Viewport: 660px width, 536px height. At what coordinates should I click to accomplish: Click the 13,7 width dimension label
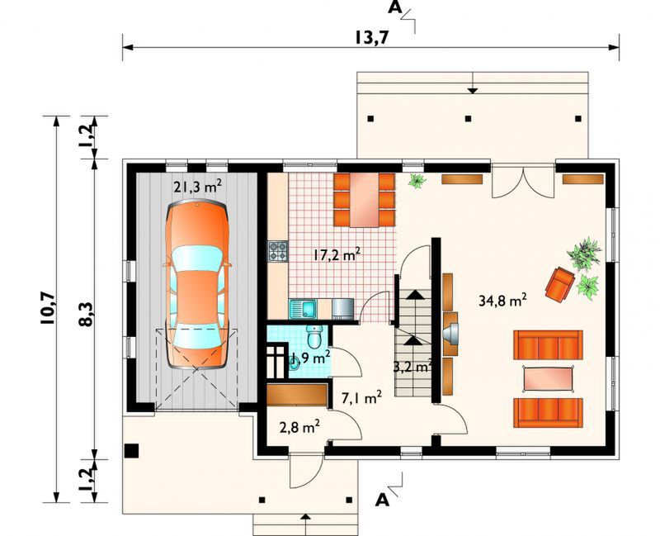coord(370,37)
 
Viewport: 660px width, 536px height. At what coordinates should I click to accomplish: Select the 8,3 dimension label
coord(86,314)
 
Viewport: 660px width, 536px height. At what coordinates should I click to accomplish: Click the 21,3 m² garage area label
coord(198,186)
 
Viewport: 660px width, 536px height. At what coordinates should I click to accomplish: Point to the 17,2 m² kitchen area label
coord(337,254)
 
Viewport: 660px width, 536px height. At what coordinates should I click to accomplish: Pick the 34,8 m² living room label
coord(503,300)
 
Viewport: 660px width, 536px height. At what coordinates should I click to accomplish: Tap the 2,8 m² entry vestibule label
coord(299,427)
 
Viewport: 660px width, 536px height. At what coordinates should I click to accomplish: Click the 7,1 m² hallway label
coord(361,397)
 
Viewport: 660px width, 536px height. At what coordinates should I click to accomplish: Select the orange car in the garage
coord(197,285)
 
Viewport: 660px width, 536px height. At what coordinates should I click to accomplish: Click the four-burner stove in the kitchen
coord(278,250)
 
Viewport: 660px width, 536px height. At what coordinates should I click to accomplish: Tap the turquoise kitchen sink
coord(303,309)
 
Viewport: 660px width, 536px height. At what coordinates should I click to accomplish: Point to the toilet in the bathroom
coord(314,335)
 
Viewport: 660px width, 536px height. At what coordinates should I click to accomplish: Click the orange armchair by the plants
coord(560,284)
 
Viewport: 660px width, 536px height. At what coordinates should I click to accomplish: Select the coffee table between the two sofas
coord(549,378)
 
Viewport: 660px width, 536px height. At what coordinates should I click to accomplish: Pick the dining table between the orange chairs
coord(365,199)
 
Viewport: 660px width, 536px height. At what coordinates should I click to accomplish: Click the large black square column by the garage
coord(132,450)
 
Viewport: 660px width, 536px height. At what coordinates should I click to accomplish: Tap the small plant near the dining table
coord(417,181)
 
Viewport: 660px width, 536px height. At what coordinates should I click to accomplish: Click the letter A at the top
coord(394,7)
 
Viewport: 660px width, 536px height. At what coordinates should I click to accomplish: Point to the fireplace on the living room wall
coord(451,334)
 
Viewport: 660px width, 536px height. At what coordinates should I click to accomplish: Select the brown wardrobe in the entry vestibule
coord(298,395)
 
